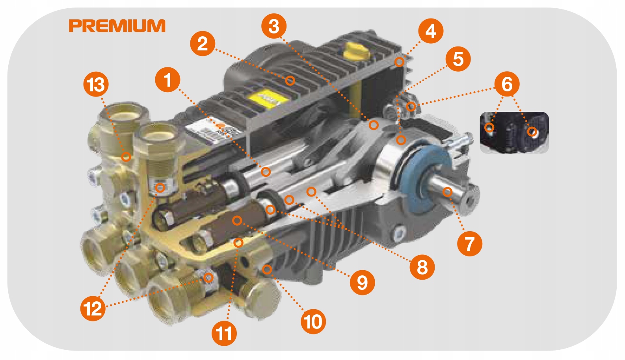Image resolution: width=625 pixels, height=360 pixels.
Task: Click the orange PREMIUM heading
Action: (117, 26)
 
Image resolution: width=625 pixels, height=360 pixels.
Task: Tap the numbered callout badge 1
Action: (168, 80)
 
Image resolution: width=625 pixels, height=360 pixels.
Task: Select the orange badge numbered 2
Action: (203, 43)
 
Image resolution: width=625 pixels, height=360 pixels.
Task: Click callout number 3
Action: (274, 26)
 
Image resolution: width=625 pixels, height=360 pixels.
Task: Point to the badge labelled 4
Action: (431, 31)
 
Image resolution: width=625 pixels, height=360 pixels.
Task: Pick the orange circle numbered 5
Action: (458, 59)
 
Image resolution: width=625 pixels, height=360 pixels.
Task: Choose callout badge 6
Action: (507, 84)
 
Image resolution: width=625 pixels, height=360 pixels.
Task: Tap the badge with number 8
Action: (422, 267)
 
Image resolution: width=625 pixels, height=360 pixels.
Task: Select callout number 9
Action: (363, 282)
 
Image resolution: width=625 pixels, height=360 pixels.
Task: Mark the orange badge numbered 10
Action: (313, 321)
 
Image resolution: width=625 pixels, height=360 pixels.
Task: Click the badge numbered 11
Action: (224, 333)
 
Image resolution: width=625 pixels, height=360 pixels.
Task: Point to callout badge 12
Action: (93, 308)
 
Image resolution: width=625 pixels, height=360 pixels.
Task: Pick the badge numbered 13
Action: (96, 84)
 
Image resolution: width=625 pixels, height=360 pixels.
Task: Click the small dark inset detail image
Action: (514, 133)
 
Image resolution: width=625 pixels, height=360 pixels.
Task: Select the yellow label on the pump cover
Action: (268, 98)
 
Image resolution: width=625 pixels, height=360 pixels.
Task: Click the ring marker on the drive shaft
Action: (447, 192)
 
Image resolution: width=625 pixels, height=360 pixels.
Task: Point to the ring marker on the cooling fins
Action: (290, 81)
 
